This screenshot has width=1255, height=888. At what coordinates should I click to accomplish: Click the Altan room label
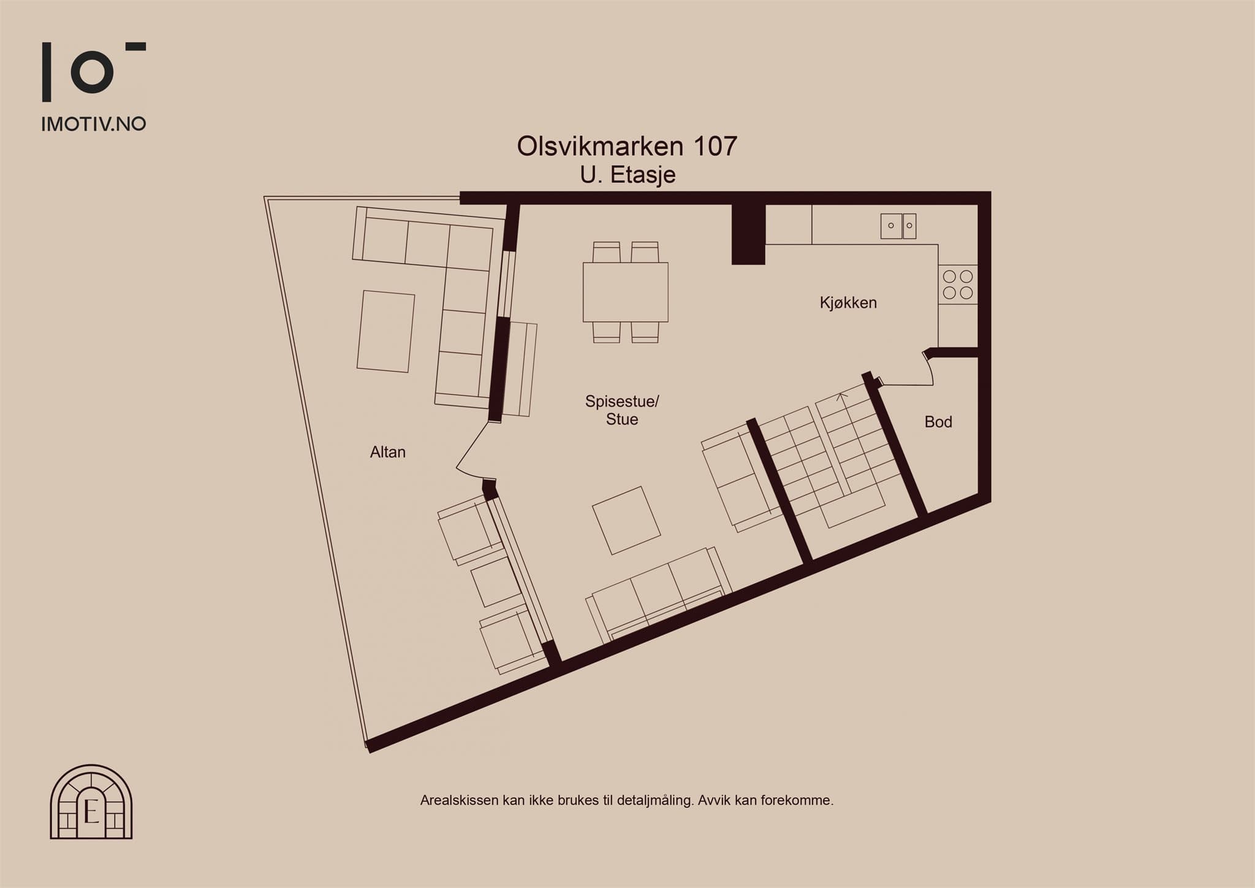tap(388, 452)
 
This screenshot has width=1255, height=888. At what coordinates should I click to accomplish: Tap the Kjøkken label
tap(848, 302)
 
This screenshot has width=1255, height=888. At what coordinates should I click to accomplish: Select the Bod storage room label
tap(938, 422)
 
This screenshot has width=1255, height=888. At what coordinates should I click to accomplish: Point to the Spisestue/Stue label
tap(622, 410)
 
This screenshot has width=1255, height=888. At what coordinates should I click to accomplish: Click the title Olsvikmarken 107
tap(627, 146)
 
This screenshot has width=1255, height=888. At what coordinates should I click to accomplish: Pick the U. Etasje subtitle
tap(628, 175)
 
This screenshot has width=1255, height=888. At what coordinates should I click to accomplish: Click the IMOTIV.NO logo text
tap(94, 124)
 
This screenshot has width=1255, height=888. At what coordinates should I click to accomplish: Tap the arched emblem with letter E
tap(91, 802)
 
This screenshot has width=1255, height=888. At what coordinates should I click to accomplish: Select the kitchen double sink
tap(898, 226)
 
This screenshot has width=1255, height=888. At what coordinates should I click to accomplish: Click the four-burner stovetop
tap(958, 285)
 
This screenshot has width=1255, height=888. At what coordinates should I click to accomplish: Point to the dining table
tap(626, 292)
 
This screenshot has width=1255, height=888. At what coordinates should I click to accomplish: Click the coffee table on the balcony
tap(386, 331)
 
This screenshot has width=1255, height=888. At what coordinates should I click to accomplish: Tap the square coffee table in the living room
tap(626, 521)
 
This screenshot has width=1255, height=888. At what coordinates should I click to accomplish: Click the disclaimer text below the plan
tap(627, 800)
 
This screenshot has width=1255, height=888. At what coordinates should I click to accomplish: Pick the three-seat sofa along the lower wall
tap(659, 594)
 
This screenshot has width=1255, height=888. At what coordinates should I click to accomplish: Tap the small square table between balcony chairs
tap(496, 582)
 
